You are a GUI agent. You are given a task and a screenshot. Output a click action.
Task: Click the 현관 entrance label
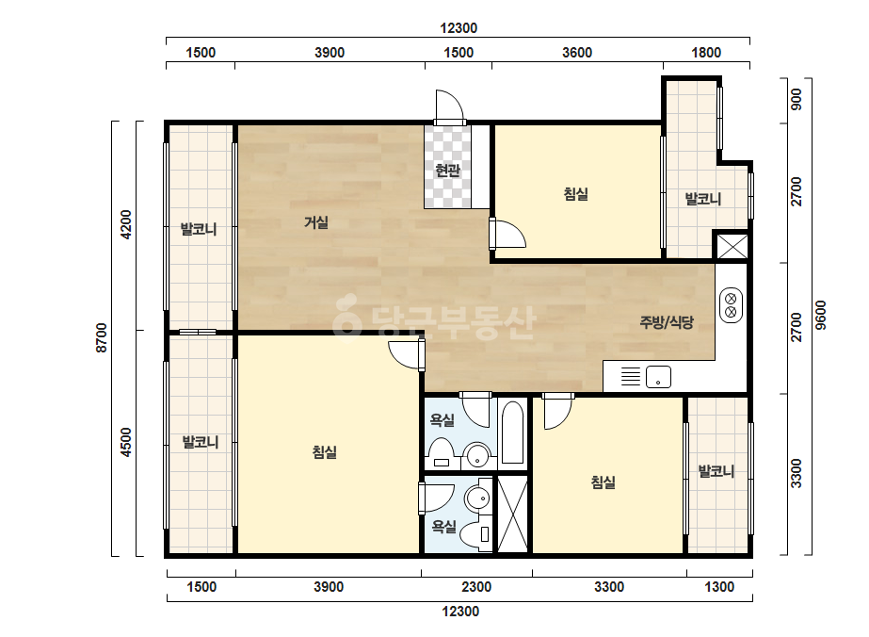(447, 171)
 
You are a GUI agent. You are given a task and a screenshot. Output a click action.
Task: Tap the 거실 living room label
(316, 222)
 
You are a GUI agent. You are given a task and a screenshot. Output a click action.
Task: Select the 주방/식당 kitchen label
(667, 322)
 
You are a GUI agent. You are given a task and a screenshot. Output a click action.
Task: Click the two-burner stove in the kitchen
(731, 304)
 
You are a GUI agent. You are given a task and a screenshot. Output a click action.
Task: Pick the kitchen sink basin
(658, 377)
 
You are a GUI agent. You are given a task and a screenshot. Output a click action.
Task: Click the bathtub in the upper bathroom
(512, 432)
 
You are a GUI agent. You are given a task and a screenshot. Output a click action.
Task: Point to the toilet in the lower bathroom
(477, 533)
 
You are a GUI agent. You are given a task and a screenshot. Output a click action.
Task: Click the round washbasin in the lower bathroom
(477, 498)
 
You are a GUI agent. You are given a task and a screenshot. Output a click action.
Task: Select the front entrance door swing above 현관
(449, 106)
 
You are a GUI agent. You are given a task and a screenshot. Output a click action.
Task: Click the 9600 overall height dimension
(821, 315)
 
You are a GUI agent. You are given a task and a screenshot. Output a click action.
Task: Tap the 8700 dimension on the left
(102, 338)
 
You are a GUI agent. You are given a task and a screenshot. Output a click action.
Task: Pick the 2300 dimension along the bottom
(476, 587)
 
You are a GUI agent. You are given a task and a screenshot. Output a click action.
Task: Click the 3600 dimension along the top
(577, 53)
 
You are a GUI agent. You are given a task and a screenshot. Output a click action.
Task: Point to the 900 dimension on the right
(796, 99)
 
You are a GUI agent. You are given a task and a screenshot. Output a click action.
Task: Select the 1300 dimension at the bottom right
(719, 587)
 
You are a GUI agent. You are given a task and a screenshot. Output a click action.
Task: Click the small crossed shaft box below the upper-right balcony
(732, 246)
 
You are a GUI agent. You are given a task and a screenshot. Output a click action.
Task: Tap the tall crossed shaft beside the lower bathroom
(512, 514)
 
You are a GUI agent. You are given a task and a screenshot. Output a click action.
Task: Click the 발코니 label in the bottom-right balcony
(716, 472)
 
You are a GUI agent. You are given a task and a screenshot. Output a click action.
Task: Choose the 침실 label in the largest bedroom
(325, 452)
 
